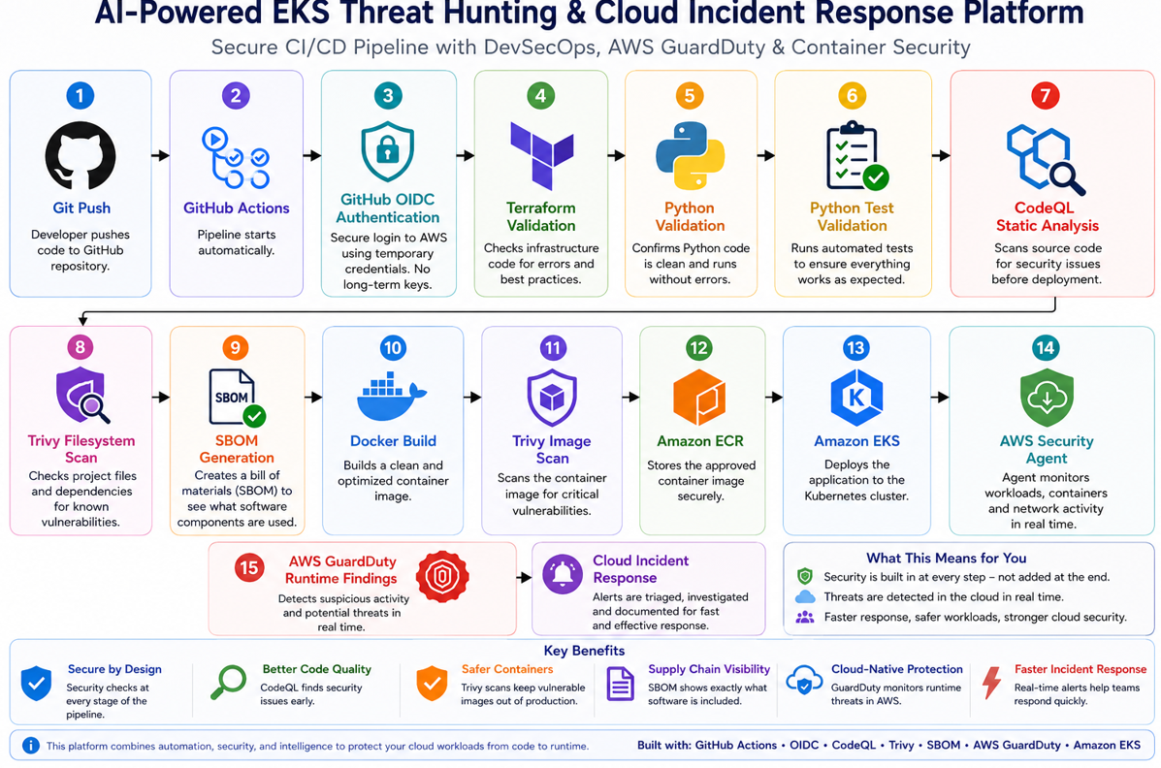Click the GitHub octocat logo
click(80, 155)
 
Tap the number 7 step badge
click(1045, 96)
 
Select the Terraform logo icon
click(541, 155)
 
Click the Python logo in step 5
click(690, 155)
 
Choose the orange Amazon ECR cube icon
click(699, 398)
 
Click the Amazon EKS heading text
click(856, 440)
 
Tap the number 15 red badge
click(248, 568)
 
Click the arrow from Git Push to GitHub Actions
click(160, 155)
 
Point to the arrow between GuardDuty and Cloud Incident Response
click(524, 577)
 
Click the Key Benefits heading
click(584, 651)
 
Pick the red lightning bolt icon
click(991, 682)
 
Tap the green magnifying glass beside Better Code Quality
click(228, 682)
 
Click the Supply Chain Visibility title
click(709, 669)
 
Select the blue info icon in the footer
click(30, 745)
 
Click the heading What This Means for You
click(947, 558)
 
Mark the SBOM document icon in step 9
click(237, 398)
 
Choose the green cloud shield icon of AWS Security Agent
click(1047, 399)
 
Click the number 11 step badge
click(552, 347)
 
